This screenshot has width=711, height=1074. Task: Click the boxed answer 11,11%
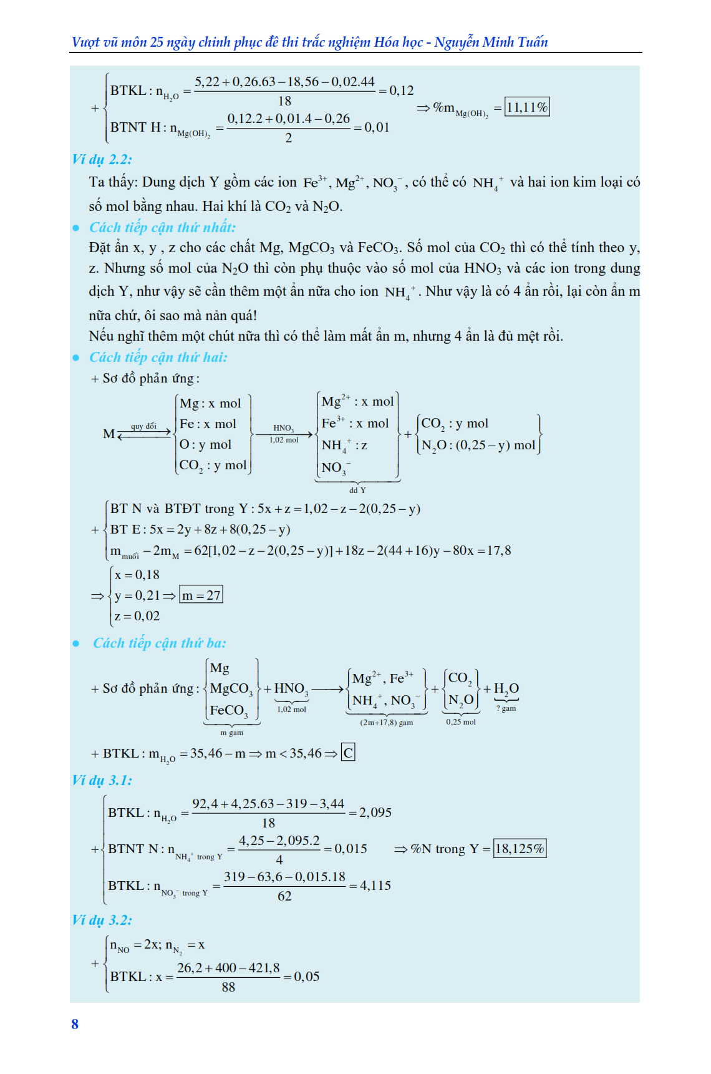[x=527, y=107]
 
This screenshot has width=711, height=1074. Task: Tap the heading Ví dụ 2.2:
[x=102, y=159]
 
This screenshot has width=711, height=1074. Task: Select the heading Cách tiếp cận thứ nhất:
[x=162, y=227]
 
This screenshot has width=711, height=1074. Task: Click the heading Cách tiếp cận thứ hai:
[x=158, y=357]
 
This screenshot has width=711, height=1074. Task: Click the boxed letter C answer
[x=348, y=753]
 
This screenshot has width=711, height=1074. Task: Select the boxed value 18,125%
[x=520, y=849]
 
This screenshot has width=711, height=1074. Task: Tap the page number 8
[x=75, y=1024]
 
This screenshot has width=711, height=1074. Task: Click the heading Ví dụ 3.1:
[x=102, y=780]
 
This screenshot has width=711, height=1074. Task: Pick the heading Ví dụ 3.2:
[x=102, y=920]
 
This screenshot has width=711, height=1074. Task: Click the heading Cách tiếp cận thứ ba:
[x=159, y=643]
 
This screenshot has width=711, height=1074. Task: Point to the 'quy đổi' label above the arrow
[x=143, y=426]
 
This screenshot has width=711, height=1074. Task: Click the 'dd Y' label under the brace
[x=357, y=490]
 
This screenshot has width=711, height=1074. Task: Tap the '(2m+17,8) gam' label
[x=386, y=722]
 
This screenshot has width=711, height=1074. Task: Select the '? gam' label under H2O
[x=506, y=708]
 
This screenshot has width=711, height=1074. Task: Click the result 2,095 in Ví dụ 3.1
[x=375, y=813]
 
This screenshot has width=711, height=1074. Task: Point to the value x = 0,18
[x=137, y=575]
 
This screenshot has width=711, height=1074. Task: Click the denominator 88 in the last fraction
[x=228, y=987]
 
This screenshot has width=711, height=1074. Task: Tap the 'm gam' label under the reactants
[x=231, y=733]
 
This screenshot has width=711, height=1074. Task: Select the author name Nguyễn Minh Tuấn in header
[x=491, y=42]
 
